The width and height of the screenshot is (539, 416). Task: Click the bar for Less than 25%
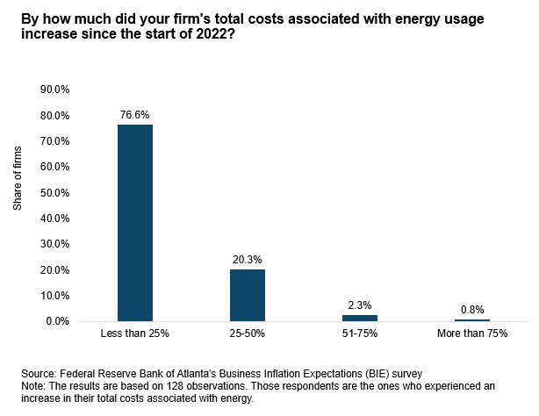[x=134, y=222]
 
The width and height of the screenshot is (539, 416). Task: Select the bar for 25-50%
[x=247, y=295]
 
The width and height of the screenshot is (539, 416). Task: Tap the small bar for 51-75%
[x=360, y=318]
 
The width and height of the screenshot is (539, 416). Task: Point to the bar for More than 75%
[x=472, y=320]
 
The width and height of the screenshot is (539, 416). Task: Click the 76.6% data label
[x=134, y=113]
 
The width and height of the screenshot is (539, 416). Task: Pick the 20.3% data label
[x=247, y=259]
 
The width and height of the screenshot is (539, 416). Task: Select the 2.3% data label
[x=360, y=305]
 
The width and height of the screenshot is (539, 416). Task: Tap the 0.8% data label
[x=472, y=309]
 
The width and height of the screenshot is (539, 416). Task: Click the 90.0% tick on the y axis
[x=55, y=90]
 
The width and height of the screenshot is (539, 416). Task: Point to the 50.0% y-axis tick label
[x=55, y=192]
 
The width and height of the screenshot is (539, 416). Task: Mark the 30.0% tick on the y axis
[x=55, y=244]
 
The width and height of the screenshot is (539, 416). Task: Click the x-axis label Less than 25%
[x=134, y=335]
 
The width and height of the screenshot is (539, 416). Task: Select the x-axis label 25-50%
[x=247, y=335]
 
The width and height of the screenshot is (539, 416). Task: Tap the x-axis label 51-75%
[x=360, y=335]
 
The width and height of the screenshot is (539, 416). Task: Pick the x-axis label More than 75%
[x=472, y=335]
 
